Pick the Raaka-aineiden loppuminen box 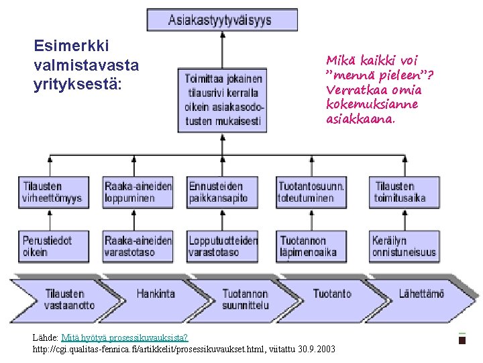click(x=138, y=192)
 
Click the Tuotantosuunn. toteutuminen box click(x=311, y=192)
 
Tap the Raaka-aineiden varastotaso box click(x=138, y=246)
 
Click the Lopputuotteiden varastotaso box click(x=222, y=246)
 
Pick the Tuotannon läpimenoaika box click(x=311, y=246)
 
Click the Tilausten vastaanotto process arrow click(x=67, y=299)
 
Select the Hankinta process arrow click(x=156, y=294)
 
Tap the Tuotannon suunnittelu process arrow click(x=245, y=299)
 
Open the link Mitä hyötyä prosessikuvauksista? click(x=124, y=337)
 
